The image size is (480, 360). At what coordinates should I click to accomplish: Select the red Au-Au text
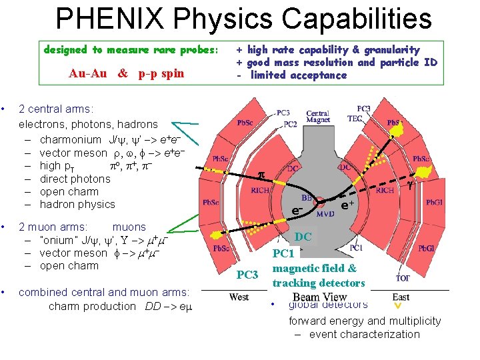(87, 74)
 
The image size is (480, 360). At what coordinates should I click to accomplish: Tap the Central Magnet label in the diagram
(318, 117)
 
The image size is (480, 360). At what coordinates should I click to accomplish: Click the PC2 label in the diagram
(289, 124)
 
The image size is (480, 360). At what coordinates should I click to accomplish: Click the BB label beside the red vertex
(308, 198)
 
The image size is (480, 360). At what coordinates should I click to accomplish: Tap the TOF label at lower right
(403, 278)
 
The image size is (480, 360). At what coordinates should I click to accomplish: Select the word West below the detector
(239, 297)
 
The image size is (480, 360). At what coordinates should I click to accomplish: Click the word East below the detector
(401, 297)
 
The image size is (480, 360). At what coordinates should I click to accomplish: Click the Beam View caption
(320, 297)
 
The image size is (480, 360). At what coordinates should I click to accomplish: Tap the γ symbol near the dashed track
(411, 187)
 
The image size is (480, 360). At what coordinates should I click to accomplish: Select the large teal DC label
(303, 237)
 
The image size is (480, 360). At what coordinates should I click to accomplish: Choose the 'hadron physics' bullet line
(77, 204)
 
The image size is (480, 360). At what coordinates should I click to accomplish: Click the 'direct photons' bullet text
(75, 179)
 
